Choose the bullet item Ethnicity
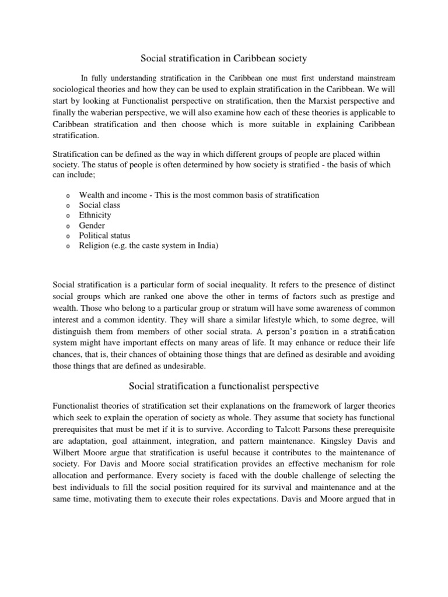pos(95,215)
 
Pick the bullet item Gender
pos(92,226)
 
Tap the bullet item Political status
pos(105,236)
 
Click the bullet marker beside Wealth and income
pos(68,196)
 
